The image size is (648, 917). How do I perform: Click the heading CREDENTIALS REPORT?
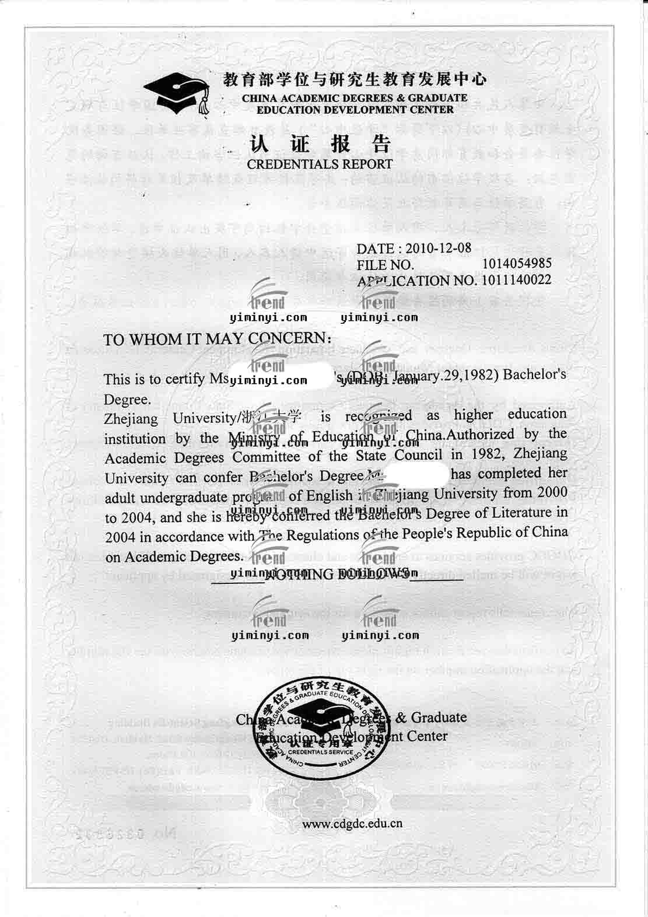point(320,164)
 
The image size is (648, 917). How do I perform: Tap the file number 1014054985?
point(517,264)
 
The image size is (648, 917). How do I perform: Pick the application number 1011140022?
point(516,279)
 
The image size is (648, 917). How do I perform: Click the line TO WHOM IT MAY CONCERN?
point(218,339)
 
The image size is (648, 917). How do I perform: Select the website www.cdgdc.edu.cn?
point(352,824)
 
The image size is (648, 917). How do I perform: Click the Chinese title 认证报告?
point(320,143)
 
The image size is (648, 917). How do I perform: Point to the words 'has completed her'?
point(509,473)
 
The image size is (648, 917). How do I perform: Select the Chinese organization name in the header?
point(355,79)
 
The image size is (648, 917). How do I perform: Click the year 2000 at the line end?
point(552,492)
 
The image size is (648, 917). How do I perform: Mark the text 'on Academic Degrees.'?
point(173,556)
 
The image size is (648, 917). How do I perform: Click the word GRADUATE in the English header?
point(437,98)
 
